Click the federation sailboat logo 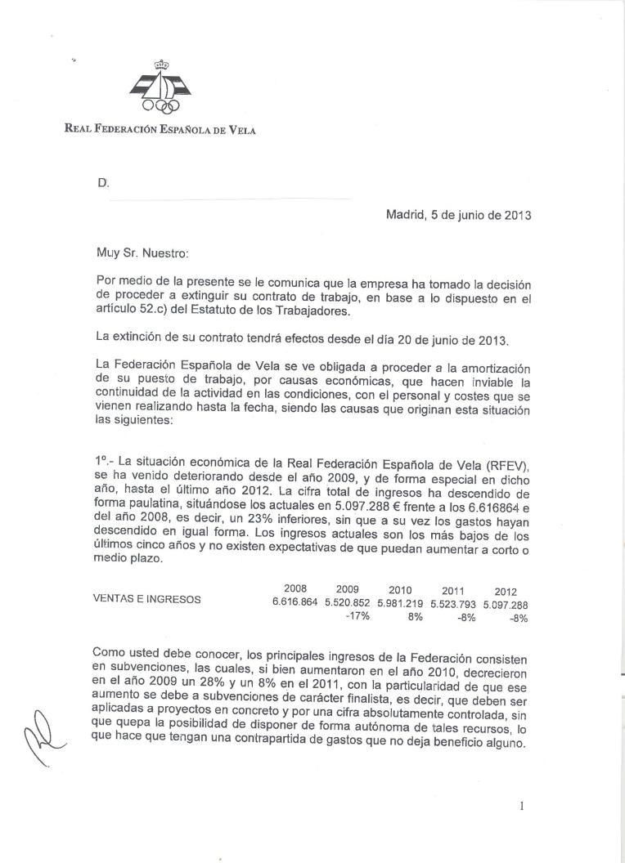pyautogui.click(x=160, y=86)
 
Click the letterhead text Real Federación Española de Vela pyautogui.click(x=160, y=128)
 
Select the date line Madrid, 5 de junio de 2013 pyautogui.click(x=459, y=216)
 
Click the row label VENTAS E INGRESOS pyautogui.click(x=146, y=598)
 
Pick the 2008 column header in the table pyautogui.click(x=295, y=588)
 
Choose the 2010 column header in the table pyautogui.click(x=400, y=589)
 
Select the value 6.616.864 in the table pyautogui.click(x=295, y=602)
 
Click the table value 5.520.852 pyautogui.click(x=348, y=603)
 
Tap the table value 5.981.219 pyautogui.click(x=400, y=604)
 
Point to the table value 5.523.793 pyautogui.click(x=452, y=605)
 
